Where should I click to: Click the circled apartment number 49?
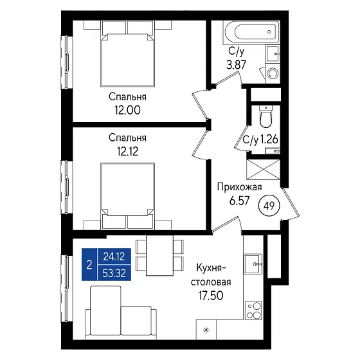(x=269, y=206)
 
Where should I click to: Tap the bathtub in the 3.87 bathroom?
(x=251, y=32)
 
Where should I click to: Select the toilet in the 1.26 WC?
(x=266, y=116)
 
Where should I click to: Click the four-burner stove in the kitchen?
(x=253, y=310)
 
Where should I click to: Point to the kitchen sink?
(x=253, y=264)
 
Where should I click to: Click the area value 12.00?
(x=128, y=110)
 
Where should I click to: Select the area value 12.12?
(x=128, y=151)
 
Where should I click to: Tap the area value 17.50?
(x=211, y=296)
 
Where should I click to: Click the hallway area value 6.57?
(x=239, y=201)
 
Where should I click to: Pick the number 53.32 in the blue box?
(x=114, y=273)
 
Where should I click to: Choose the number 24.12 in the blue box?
(x=114, y=256)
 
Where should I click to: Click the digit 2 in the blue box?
(x=89, y=265)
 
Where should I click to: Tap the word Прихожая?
(x=239, y=187)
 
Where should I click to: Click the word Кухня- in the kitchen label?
(x=212, y=268)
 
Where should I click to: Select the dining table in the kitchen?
(x=160, y=255)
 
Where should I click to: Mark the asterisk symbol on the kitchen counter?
(x=206, y=330)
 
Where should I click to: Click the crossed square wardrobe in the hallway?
(x=263, y=170)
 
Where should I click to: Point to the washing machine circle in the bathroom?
(x=273, y=74)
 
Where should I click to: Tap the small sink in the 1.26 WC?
(x=273, y=151)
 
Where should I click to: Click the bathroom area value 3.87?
(x=237, y=64)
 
